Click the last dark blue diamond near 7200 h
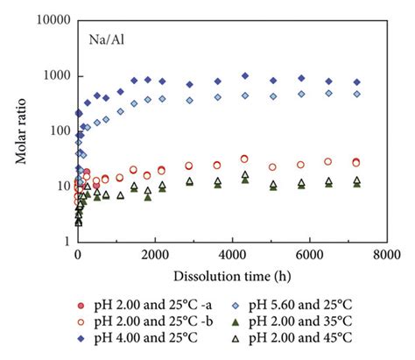point(356,82)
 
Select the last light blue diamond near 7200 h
point(356,94)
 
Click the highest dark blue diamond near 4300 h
point(244,76)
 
